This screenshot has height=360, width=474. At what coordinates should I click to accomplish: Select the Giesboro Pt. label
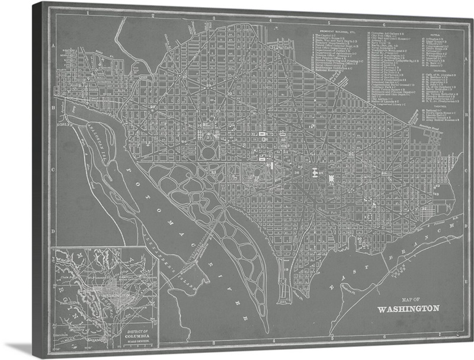(x=350, y=289)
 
